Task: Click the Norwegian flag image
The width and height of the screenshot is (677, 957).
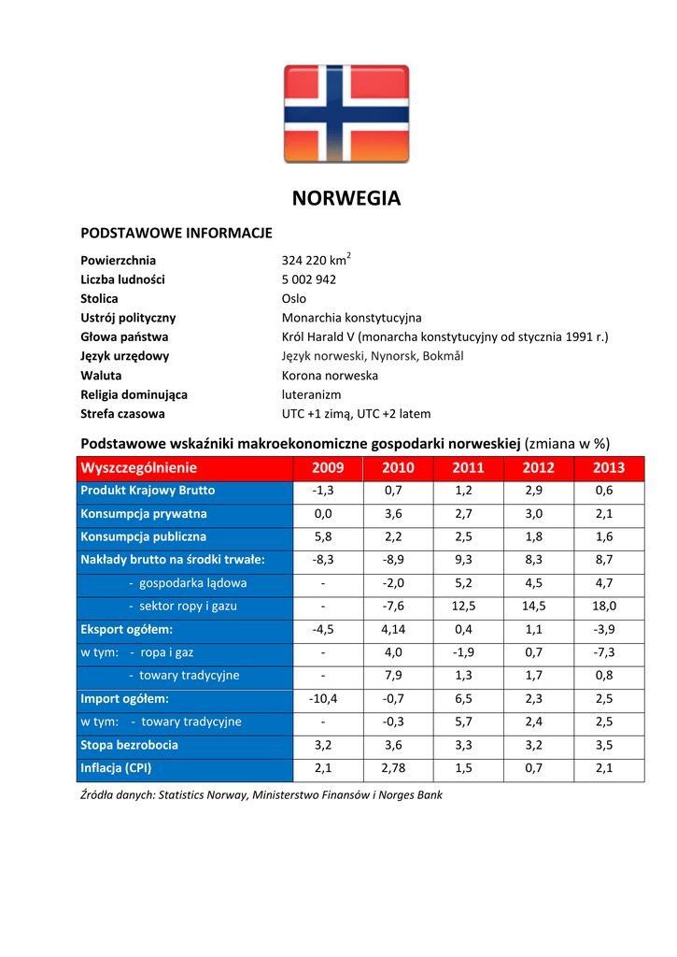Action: [x=346, y=114]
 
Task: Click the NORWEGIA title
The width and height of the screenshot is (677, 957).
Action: [x=346, y=198]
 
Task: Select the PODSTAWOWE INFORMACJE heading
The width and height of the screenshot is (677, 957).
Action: [x=176, y=232]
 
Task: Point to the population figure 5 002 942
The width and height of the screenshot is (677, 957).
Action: [x=309, y=279]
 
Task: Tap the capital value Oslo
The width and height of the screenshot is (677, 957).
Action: [x=293, y=299]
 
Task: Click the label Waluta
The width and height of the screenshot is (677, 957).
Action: [x=101, y=375]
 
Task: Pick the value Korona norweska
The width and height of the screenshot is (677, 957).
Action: [x=330, y=375]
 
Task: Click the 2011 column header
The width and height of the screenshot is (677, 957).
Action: [x=468, y=467]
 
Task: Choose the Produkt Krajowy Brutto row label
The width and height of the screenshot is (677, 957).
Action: [x=148, y=491]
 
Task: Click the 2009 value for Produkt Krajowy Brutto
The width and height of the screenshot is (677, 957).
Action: [x=323, y=491]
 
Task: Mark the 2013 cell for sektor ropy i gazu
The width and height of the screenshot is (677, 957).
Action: [x=604, y=606]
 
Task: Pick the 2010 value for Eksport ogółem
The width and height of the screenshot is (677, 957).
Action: [x=394, y=629]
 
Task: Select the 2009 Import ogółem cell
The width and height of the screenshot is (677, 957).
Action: [x=323, y=698]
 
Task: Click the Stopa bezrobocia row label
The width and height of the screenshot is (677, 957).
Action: [x=129, y=745]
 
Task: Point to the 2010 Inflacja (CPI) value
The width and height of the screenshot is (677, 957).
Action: [x=394, y=768]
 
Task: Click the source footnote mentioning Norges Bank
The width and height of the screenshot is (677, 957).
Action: [x=261, y=795]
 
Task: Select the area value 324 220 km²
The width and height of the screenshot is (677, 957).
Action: [x=316, y=260]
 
